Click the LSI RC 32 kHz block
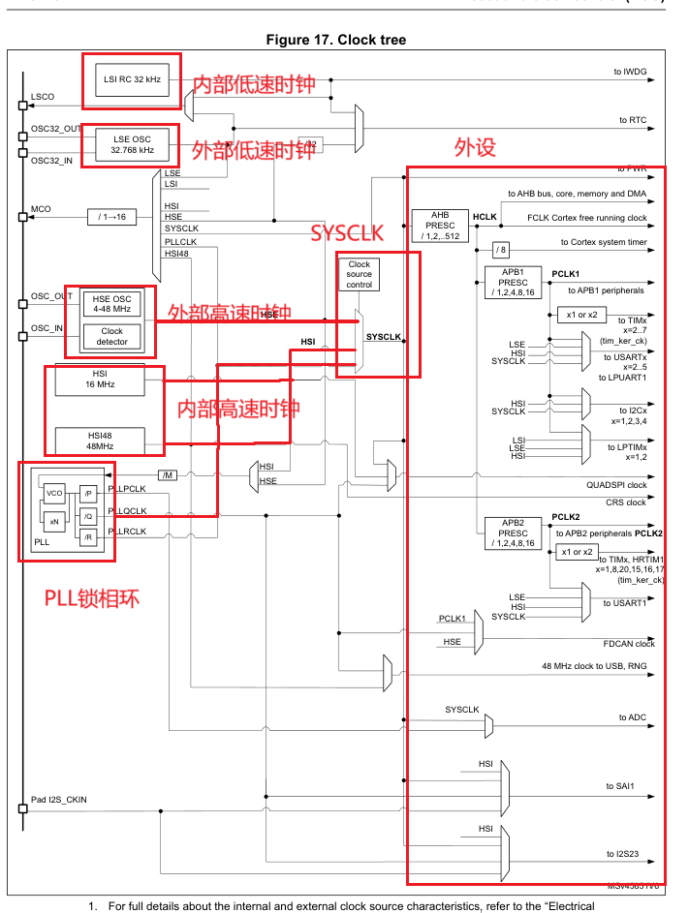click(x=133, y=77)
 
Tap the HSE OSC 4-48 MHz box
click(x=112, y=303)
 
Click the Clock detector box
click(x=112, y=336)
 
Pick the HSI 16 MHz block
click(x=100, y=379)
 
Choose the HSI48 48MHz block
click(x=100, y=441)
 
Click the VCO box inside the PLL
click(x=54, y=494)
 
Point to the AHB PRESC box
click(x=440, y=226)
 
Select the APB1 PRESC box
click(x=514, y=282)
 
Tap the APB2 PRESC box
click(x=514, y=533)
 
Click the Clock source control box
click(x=360, y=274)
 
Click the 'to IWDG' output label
click(x=630, y=72)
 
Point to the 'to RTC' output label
click(x=632, y=120)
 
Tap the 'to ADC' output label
click(x=632, y=717)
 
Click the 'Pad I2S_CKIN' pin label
click(x=59, y=801)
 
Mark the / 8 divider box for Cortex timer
click(x=500, y=250)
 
